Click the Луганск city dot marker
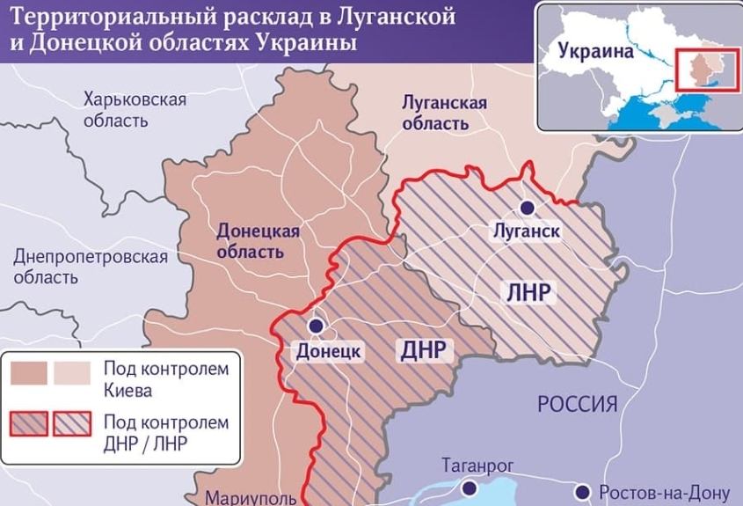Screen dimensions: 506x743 point(527,208)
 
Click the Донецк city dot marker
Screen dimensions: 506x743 point(317,326)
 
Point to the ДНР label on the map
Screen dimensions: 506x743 point(426,350)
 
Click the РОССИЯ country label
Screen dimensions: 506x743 point(577,404)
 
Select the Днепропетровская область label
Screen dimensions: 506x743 point(90,267)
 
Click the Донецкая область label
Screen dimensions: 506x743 point(258,241)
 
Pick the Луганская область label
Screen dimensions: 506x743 point(443,113)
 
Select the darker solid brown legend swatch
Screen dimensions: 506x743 point(28,374)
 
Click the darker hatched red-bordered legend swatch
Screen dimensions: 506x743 point(29,423)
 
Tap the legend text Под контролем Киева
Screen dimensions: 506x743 point(165,378)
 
